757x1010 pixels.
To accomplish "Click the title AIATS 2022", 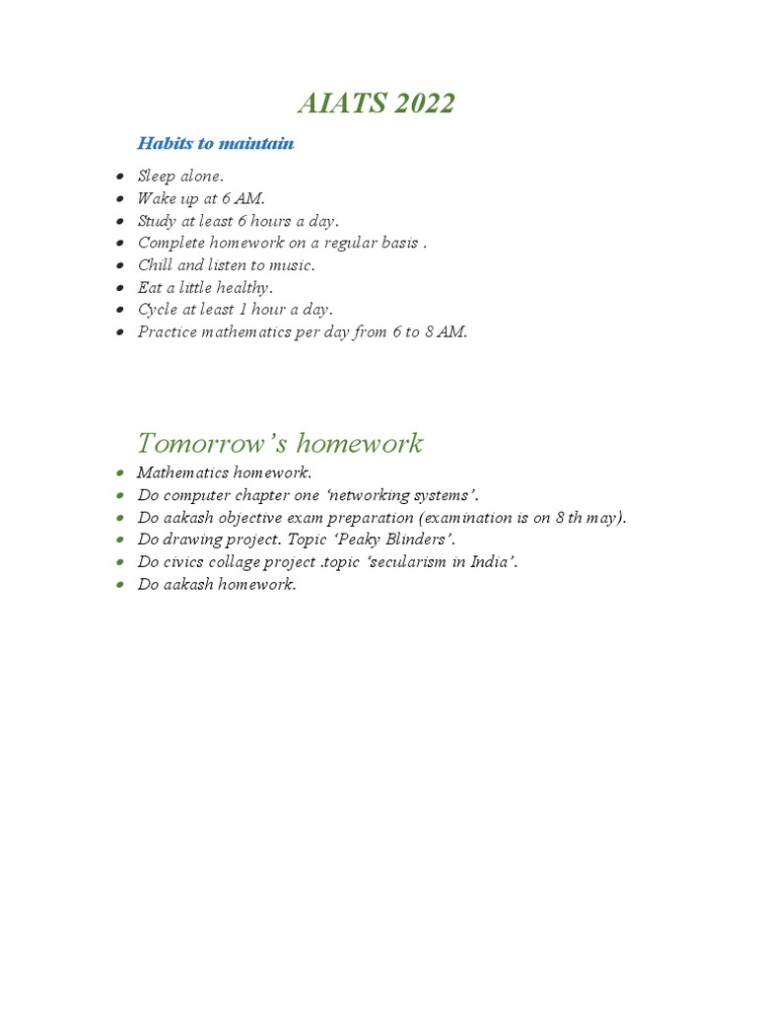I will point(377,103).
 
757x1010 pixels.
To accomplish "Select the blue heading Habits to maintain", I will point(215,144).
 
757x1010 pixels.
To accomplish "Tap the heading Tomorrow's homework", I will point(280,443).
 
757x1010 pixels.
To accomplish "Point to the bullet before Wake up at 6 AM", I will point(119,199).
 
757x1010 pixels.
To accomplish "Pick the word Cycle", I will point(158,310).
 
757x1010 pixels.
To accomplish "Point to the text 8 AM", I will point(446,331).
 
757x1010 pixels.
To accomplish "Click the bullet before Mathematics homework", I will point(119,473).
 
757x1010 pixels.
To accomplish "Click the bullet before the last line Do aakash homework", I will point(119,585).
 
